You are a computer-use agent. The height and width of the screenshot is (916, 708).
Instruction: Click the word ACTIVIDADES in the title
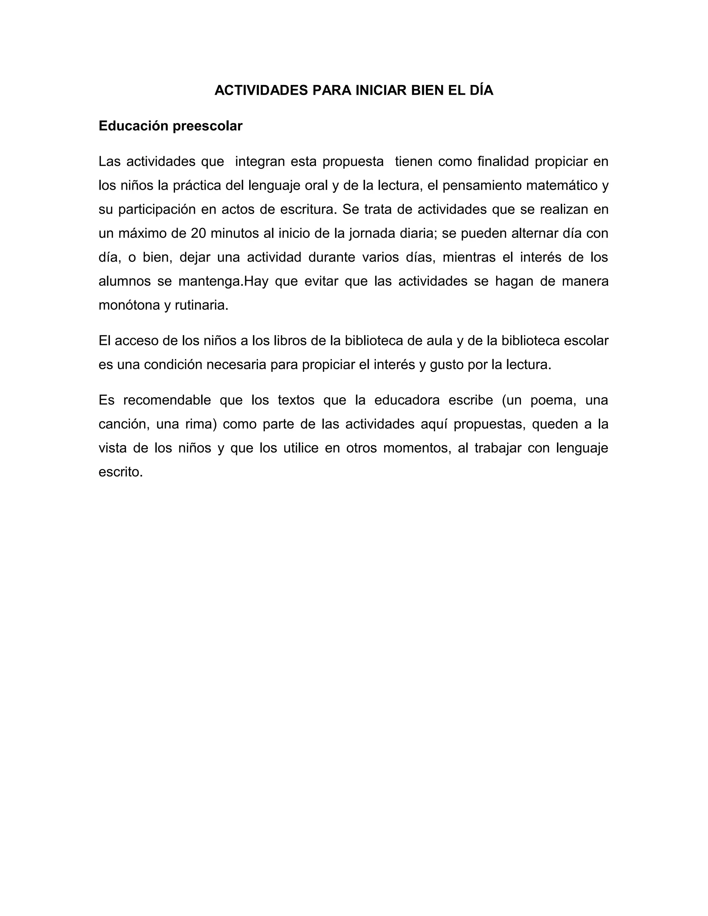(x=261, y=91)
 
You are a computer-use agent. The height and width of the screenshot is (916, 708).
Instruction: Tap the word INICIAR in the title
(x=381, y=91)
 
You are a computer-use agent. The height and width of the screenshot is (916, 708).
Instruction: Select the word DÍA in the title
(x=482, y=91)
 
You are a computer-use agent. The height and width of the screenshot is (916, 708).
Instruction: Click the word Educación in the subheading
(x=133, y=126)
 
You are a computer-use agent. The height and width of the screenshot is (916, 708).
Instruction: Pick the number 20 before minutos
(x=199, y=233)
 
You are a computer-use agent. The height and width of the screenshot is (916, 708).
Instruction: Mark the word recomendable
(x=167, y=401)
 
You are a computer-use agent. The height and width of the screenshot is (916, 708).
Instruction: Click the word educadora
(x=407, y=401)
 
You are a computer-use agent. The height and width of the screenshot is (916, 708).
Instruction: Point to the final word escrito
(x=121, y=472)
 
